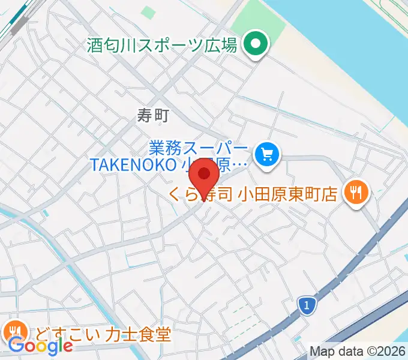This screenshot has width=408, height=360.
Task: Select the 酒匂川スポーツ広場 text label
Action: [162, 46]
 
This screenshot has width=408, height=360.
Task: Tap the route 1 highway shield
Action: [307, 307]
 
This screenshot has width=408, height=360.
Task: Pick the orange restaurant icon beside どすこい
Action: [14, 331]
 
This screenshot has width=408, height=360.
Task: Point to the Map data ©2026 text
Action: [358, 352]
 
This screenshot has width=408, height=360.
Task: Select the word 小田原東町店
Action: [287, 194]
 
